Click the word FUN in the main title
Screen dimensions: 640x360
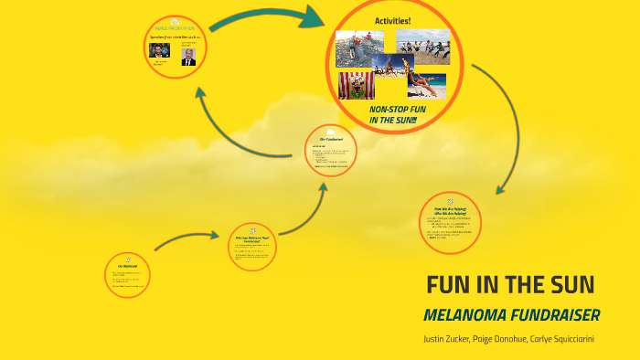click(451, 284)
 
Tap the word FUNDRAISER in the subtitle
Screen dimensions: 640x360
click(558, 315)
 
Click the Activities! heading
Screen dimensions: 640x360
click(393, 20)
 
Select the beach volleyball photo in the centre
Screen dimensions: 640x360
click(392, 66)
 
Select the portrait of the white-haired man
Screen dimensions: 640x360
click(188, 57)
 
